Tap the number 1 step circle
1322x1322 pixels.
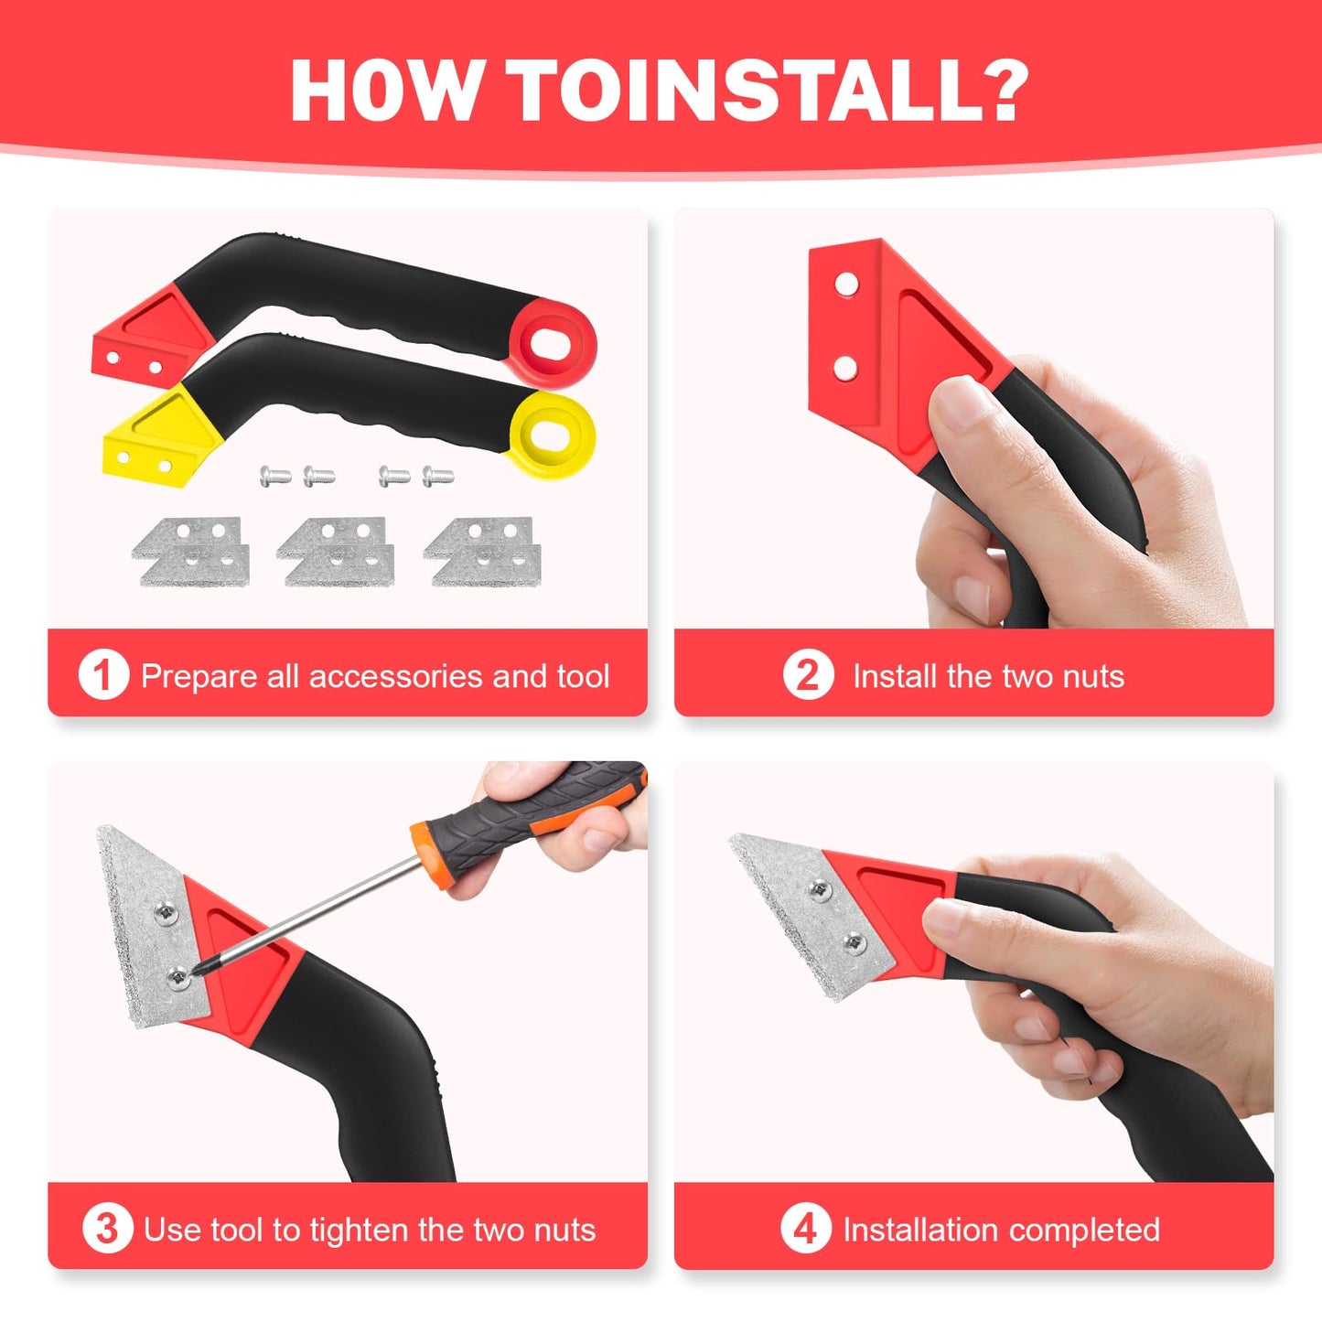(x=103, y=675)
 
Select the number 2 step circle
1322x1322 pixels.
(x=808, y=675)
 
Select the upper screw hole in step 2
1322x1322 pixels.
(x=846, y=284)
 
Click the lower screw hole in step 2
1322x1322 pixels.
(x=845, y=369)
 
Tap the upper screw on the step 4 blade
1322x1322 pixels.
(x=821, y=890)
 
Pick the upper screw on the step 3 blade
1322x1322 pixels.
(x=166, y=912)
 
